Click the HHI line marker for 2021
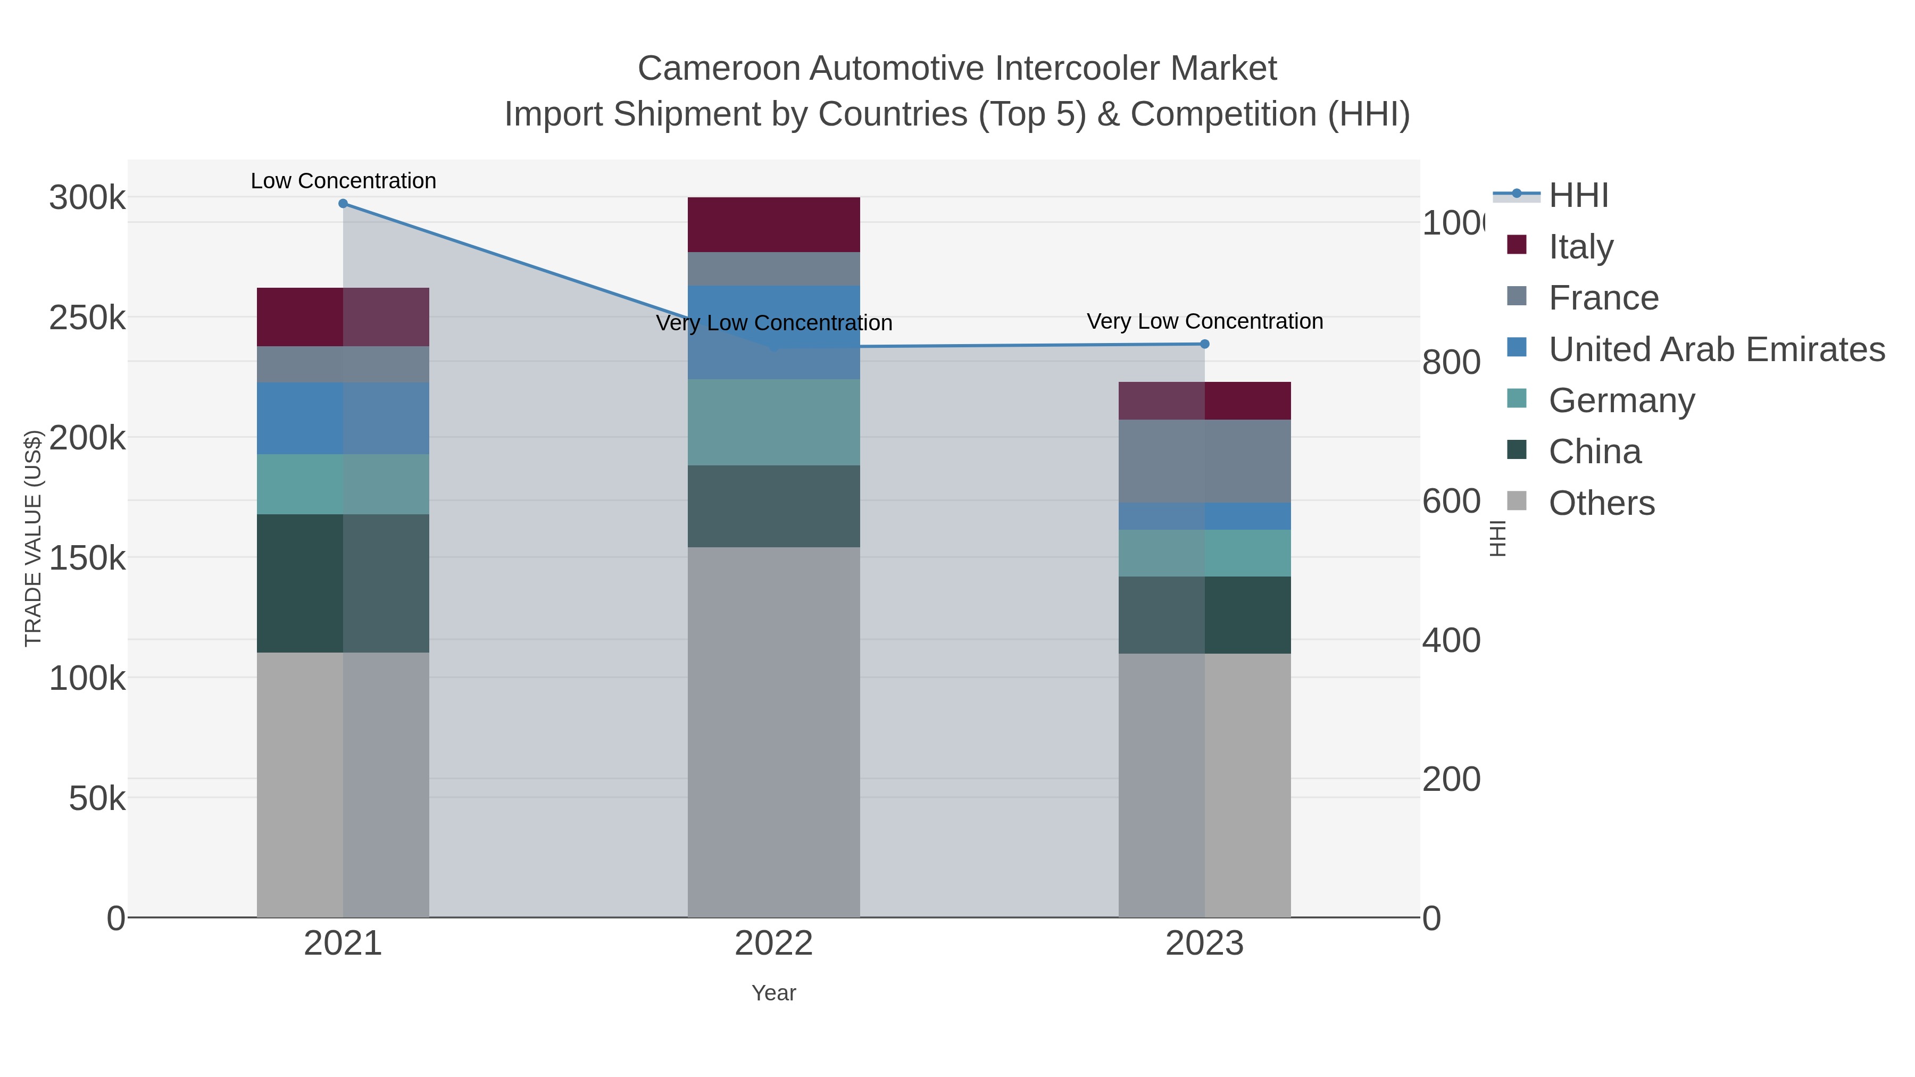343,204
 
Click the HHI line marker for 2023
1204,344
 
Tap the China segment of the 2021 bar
343,583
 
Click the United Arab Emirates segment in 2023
1204,516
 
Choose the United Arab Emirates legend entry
1716,349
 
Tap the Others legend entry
1601,503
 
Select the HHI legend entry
1578,196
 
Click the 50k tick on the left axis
97,798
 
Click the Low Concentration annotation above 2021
343,181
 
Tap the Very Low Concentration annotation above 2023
1204,321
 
